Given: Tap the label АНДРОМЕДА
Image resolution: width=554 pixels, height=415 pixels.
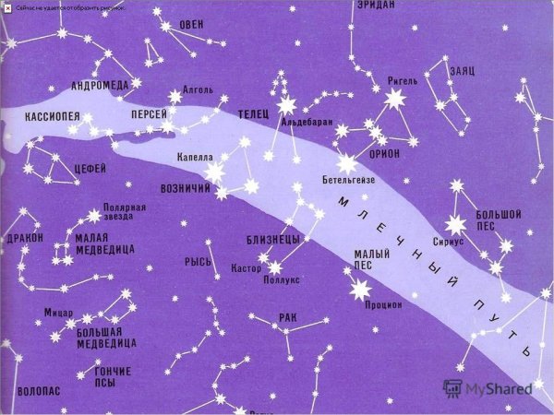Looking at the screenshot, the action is click(100, 86).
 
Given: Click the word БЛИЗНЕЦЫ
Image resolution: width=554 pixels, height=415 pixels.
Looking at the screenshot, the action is click(272, 240).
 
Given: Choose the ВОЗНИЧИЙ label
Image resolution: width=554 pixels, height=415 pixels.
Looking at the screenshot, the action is click(187, 188).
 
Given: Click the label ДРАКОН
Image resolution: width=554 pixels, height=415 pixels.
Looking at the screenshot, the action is click(24, 237).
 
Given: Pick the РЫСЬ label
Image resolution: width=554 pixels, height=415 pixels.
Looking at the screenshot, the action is click(198, 262).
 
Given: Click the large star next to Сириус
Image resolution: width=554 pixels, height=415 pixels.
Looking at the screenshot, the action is click(454, 224).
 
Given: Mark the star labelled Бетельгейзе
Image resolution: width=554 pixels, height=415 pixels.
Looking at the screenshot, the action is click(347, 164).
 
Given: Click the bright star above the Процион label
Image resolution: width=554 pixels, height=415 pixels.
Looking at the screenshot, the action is click(356, 290).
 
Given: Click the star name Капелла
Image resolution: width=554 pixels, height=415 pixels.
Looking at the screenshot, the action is click(195, 158).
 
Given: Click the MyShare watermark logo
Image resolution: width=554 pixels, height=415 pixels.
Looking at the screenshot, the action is click(487, 388).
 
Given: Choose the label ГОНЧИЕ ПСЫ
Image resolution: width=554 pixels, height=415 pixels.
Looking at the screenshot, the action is click(113, 376).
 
